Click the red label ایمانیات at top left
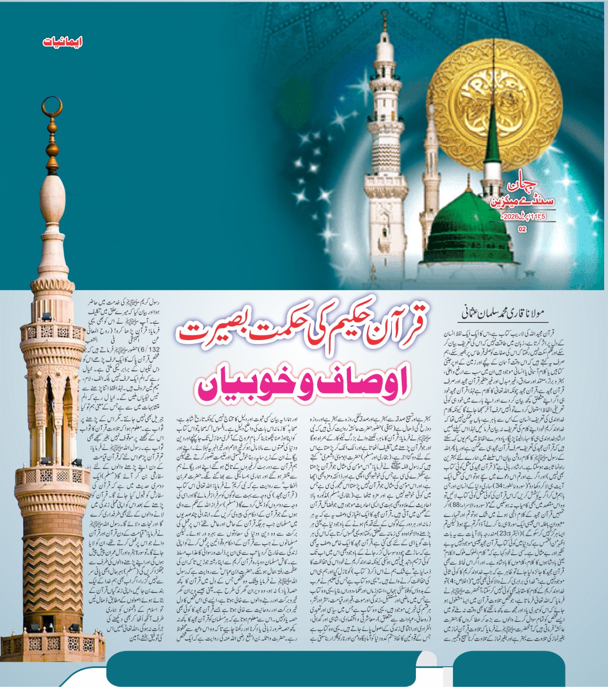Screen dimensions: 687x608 (x=62, y=42)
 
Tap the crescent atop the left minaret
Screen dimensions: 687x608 (x=52, y=108)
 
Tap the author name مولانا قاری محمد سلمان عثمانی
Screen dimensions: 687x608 (x=504, y=313)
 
